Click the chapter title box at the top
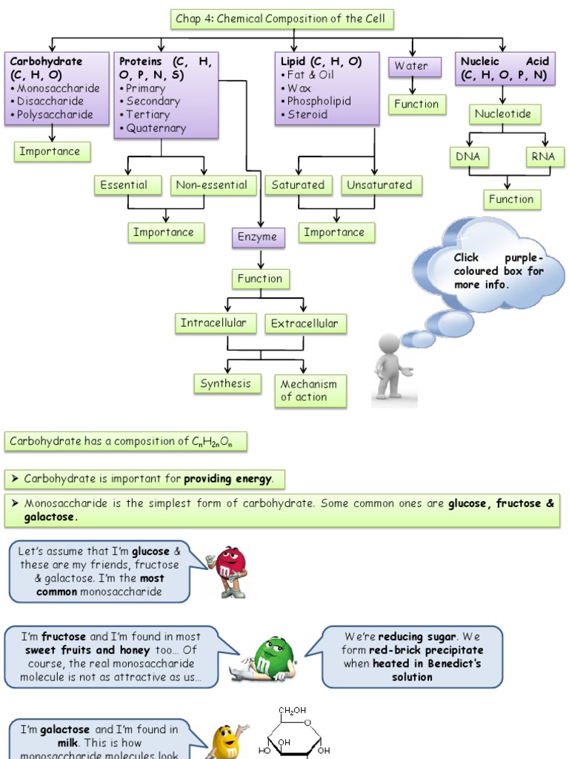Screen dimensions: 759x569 click(281, 19)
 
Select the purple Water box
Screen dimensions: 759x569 click(410, 66)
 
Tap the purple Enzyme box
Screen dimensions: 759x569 click(257, 237)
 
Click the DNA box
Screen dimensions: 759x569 click(467, 157)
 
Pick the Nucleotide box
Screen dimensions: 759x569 click(504, 114)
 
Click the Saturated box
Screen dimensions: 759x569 click(298, 185)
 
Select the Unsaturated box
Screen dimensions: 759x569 click(381, 185)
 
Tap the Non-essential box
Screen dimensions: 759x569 click(212, 185)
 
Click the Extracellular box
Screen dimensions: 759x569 click(305, 324)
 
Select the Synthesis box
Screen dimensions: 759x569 click(226, 384)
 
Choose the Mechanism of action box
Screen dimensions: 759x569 click(310, 391)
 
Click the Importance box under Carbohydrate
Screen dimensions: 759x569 click(52, 152)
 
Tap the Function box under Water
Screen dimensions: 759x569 click(416, 105)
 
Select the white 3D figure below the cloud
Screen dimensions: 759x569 click(392, 368)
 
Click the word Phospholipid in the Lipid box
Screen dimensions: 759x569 click(319, 102)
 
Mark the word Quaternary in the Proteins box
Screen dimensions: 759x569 click(156, 128)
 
